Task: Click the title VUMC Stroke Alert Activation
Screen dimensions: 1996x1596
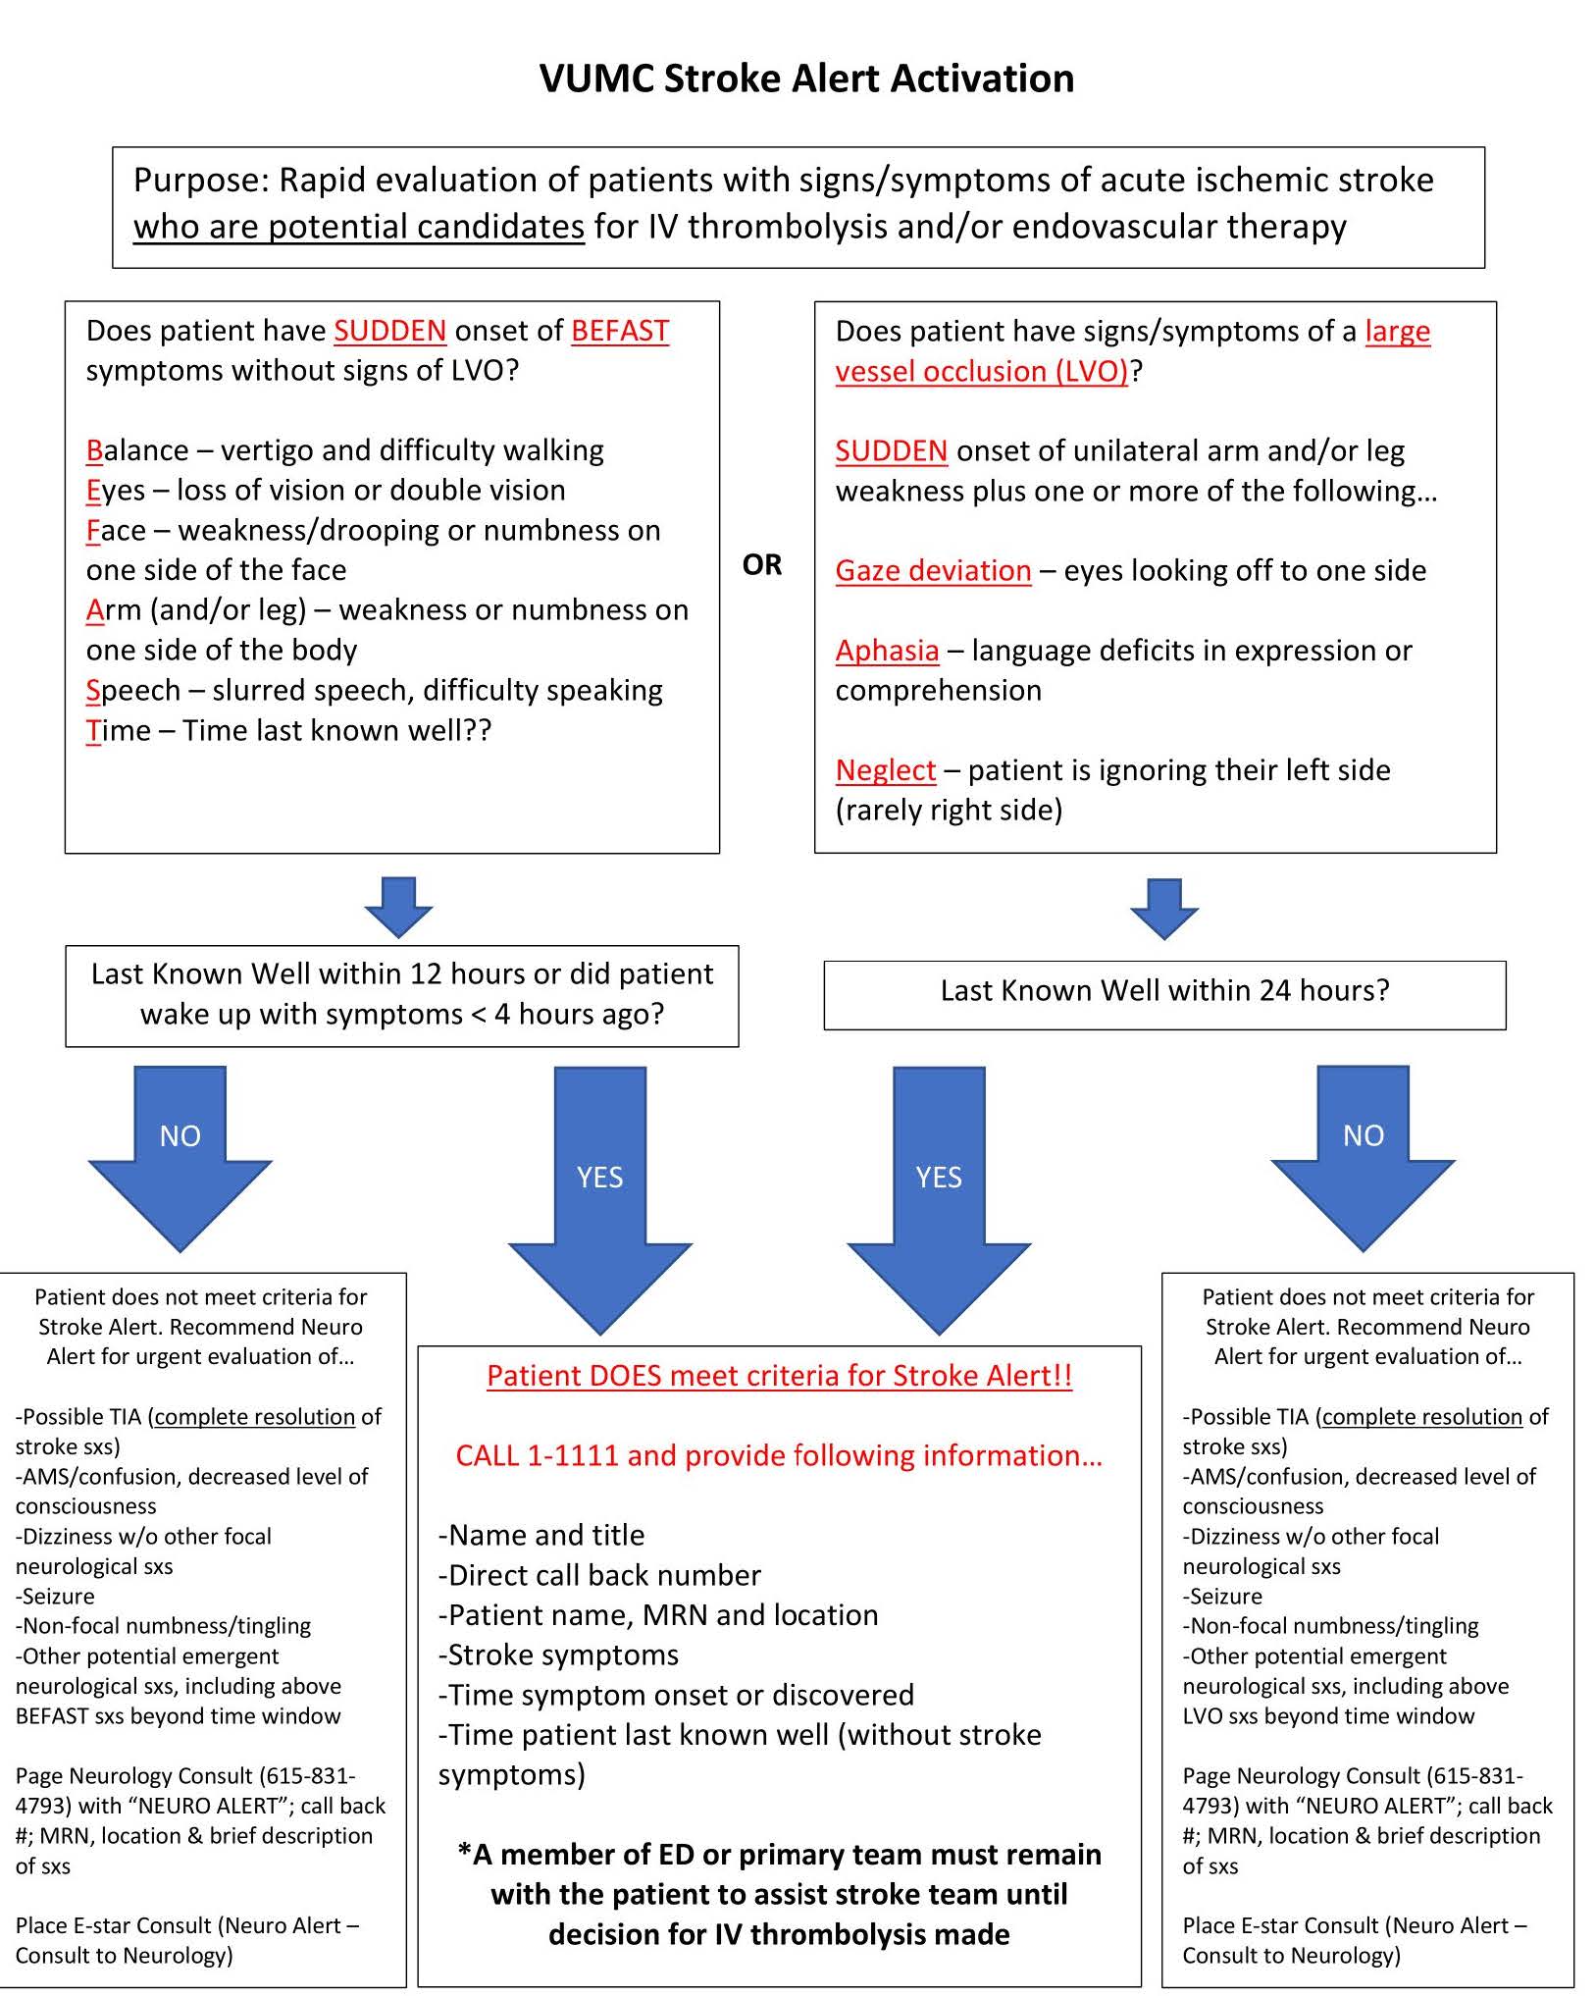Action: [x=806, y=79]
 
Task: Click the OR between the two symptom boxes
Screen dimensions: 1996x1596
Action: [x=762, y=565]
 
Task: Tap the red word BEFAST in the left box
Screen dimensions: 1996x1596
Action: [x=619, y=331]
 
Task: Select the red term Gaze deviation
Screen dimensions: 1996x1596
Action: [x=933, y=570]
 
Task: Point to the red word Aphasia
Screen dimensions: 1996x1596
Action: [x=887, y=650]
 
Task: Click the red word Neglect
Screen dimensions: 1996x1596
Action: [x=885, y=770]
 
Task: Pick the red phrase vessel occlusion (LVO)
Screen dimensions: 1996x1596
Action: [x=981, y=371]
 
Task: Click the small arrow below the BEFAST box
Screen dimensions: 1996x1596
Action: [x=398, y=906]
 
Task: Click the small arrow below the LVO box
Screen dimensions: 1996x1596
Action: [x=1164, y=908]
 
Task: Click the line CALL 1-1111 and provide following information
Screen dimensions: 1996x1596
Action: [x=779, y=1455]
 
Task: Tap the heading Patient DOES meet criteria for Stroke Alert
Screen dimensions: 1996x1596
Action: [x=779, y=1376]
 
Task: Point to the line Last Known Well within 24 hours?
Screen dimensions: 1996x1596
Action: [x=1164, y=990]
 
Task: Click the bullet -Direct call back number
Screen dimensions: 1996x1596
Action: [x=599, y=1575]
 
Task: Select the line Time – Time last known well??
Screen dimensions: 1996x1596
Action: [x=288, y=730]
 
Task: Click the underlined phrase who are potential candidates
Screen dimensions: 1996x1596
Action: [x=359, y=227]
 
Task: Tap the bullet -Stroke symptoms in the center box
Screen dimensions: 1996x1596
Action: [x=558, y=1655]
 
